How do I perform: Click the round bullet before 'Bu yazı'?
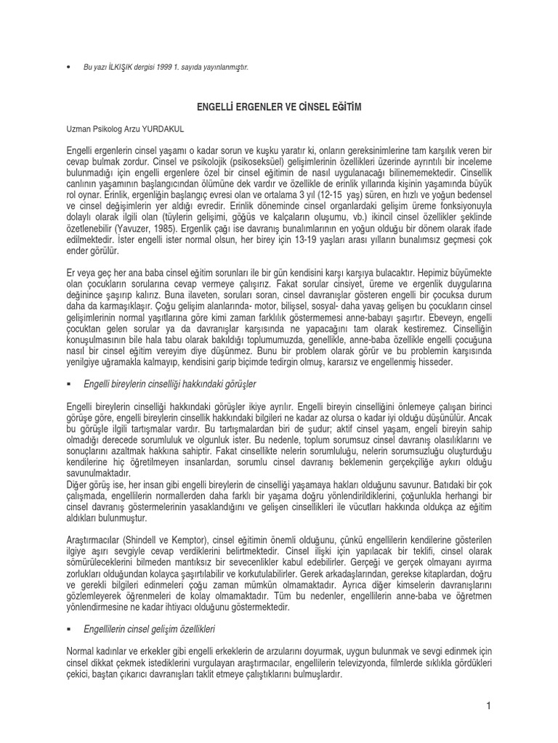[x=68, y=67]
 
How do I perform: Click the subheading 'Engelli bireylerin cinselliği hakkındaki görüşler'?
[x=171, y=382]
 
